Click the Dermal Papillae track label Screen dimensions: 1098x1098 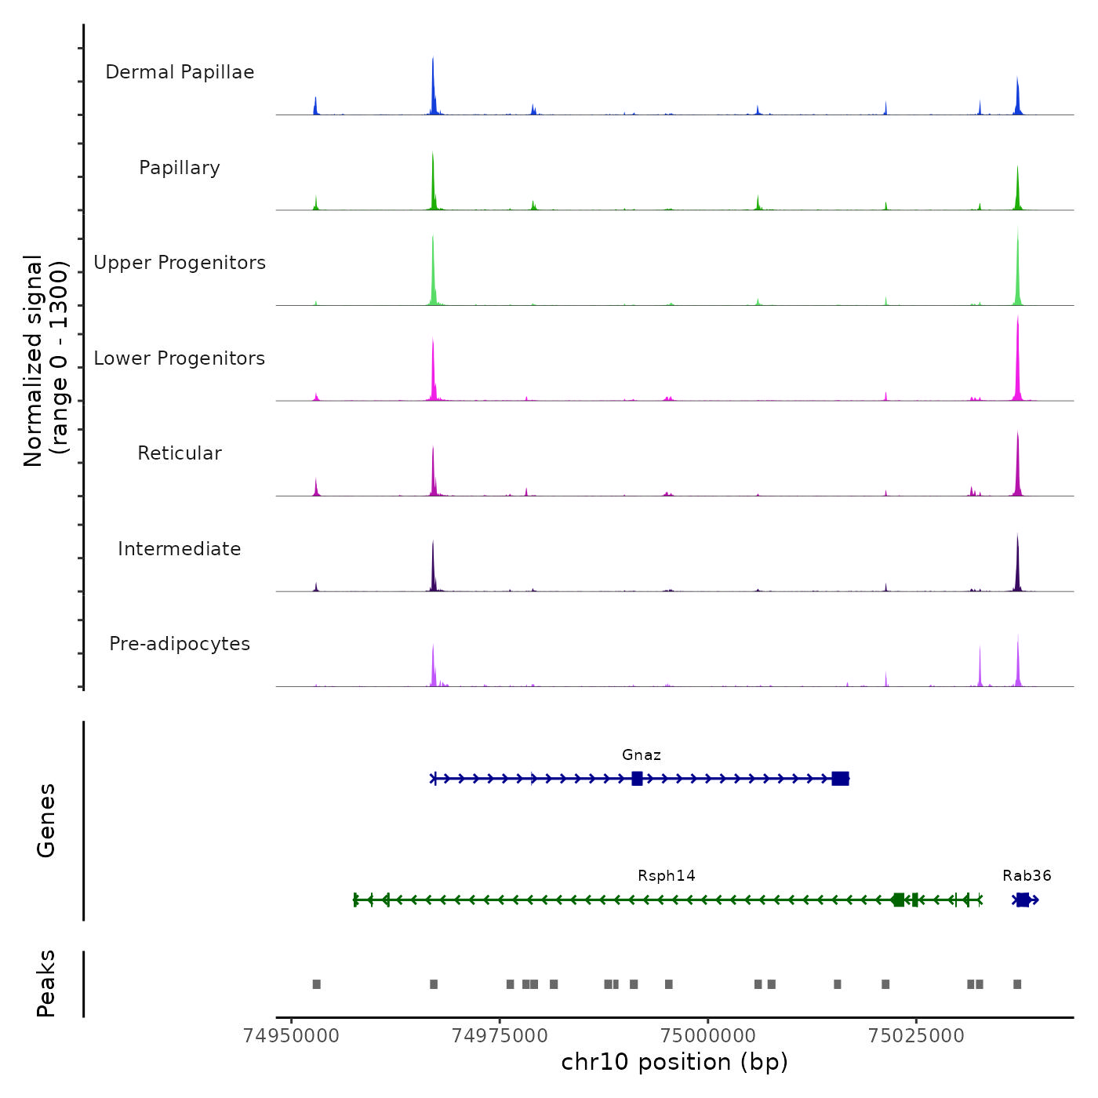[x=180, y=72]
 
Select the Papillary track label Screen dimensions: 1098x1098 [x=180, y=168]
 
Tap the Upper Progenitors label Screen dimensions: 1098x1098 [x=180, y=263]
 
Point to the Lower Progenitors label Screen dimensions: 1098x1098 [x=180, y=358]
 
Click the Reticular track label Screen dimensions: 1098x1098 [x=180, y=453]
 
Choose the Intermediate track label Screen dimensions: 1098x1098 [x=180, y=549]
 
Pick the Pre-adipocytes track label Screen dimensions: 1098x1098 [x=180, y=644]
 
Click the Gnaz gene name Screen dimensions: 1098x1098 [x=642, y=755]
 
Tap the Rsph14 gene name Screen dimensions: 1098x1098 [x=667, y=876]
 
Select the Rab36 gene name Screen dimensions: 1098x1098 [x=1027, y=876]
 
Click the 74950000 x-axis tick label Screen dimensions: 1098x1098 [x=291, y=1036]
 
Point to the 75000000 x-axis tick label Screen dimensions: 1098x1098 [x=708, y=1036]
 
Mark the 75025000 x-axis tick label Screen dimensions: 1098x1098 [x=916, y=1036]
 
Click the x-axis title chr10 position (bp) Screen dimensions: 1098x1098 [x=674, y=1063]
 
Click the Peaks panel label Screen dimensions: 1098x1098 [x=46, y=983]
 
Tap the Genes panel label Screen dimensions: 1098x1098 [x=46, y=820]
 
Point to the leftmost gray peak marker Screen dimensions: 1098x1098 [x=317, y=984]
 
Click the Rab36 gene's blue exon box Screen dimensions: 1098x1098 [x=1023, y=900]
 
